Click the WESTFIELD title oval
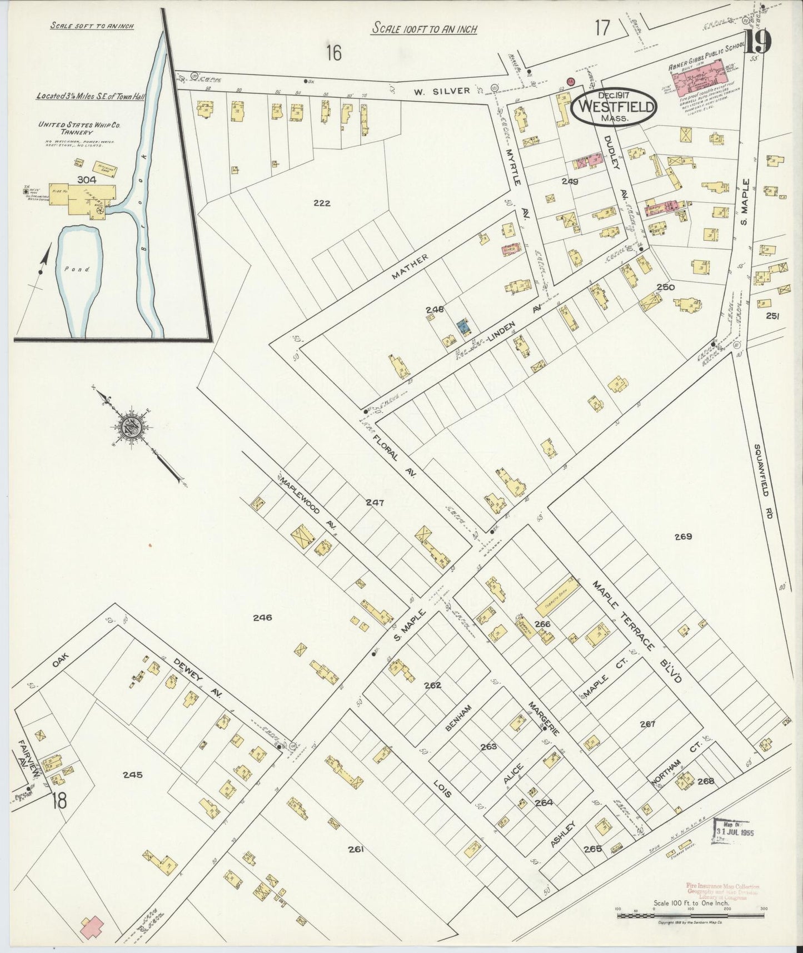click(615, 106)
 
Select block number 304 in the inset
click(87, 180)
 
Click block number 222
click(321, 203)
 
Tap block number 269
click(683, 537)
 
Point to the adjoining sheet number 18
click(59, 801)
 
